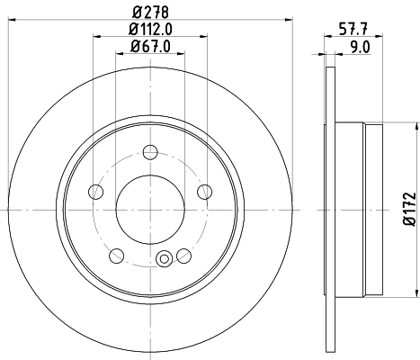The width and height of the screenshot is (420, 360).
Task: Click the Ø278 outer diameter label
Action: click(x=150, y=12)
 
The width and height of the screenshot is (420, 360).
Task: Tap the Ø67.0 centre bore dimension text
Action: click(x=150, y=47)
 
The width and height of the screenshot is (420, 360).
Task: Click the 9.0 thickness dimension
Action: click(x=358, y=47)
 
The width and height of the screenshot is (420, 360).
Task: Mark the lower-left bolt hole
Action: click(x=118, y=253)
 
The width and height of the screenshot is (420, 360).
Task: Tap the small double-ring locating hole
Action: click(x=164, y=259)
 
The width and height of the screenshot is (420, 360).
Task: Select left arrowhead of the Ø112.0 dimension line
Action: click(x=95, y=37)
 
